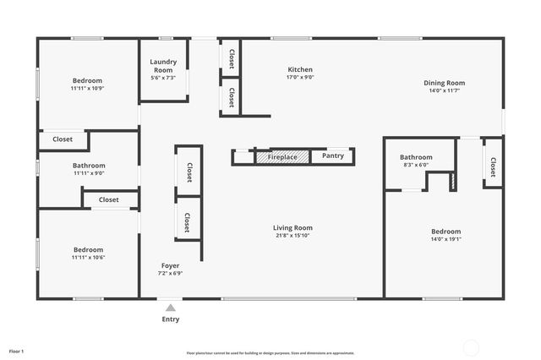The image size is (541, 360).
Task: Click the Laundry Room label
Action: click(163, 62)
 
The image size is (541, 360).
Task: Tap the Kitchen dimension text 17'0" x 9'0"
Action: click(300, 78)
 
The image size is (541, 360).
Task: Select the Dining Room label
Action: click(445, 83)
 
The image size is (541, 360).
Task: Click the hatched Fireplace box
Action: click(282, 156)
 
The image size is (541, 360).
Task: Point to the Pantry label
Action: click(332, 156)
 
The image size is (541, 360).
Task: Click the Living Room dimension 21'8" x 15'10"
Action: click(292, 236)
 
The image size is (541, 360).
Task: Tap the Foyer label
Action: click(170, 265)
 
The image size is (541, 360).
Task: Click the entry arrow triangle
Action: click(171, 308)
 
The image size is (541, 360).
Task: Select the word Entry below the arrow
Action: click(171, 319)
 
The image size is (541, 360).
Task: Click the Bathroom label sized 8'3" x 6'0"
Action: click(416, 157)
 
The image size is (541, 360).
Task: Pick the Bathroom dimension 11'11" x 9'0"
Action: click(89, 173)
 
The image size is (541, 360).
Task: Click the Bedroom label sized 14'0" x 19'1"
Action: click(446, 232)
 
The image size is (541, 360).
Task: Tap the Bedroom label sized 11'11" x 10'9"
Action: click(86, 80)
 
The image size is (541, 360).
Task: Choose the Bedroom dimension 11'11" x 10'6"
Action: click(88, 258)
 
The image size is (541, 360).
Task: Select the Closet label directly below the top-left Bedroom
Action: click(63, 139)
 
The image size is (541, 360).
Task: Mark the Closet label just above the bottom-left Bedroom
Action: click(108, 200)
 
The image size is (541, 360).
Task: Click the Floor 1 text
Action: click(17, 350)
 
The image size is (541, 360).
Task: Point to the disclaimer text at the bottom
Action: click(270, 353)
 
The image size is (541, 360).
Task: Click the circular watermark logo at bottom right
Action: click(472, 346)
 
